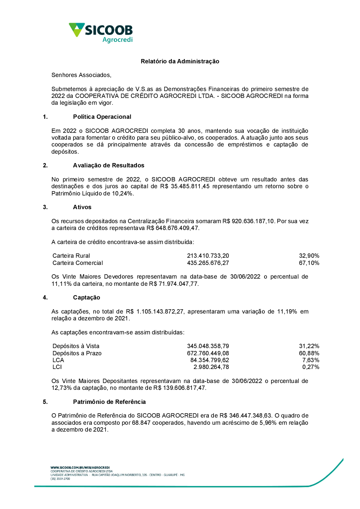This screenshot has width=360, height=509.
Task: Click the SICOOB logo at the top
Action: (101, 32)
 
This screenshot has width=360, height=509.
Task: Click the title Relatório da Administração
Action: (180, 61)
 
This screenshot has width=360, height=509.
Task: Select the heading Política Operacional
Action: (102, 117)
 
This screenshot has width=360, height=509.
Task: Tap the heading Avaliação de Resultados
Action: (108, 165)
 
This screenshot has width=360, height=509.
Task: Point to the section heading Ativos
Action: (82, 207)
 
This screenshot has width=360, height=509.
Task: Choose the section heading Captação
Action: (86, 297)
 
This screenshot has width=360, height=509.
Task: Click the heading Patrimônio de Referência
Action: (109, 402)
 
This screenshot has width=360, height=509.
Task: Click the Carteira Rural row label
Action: (71, 256)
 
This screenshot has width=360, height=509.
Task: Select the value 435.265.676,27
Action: (208, 263)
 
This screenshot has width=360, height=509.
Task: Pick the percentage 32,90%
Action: (309, 256)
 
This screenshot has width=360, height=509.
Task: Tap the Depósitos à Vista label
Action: (76, 346)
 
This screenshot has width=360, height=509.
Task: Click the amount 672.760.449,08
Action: (208, 353)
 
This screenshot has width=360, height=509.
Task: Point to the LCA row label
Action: (58, 360)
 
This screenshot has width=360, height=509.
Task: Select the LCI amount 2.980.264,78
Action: (211, 367)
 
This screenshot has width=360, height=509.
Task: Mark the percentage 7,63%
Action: (311, 360)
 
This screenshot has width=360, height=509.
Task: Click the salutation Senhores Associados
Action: (81, 75)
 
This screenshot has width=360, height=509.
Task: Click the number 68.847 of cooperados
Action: (141, 423)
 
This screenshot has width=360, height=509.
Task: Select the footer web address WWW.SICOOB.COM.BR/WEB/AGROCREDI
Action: (80, 467)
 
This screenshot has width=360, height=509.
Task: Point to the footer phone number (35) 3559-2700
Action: (60, 479)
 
